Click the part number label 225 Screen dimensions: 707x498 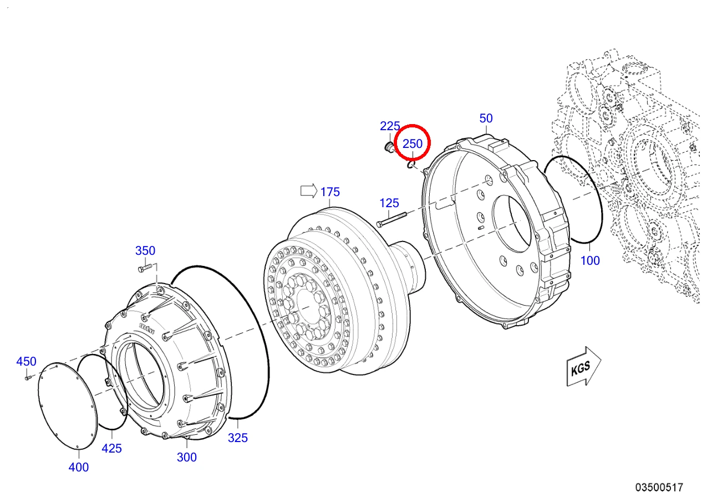click(390, 126)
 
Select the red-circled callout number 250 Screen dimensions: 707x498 click(412, 144)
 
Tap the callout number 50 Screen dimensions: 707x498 click(486, 119)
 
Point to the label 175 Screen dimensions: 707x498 click(330, 192)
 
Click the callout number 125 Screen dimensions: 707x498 click(389, 203)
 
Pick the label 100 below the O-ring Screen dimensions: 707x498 click(590, 260)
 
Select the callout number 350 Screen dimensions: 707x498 click(145, 250)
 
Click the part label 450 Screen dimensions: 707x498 click(26, 361)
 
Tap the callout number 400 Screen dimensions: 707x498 click(79, 467)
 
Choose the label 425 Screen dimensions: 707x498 click(111, 448)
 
